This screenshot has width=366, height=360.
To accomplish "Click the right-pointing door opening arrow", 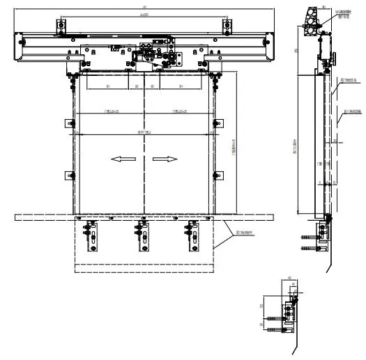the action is [x=165, y=159].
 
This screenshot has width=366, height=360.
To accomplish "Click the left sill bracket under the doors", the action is [x=91, y=237].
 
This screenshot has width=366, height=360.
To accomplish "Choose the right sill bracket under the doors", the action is [x=188, y=237].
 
